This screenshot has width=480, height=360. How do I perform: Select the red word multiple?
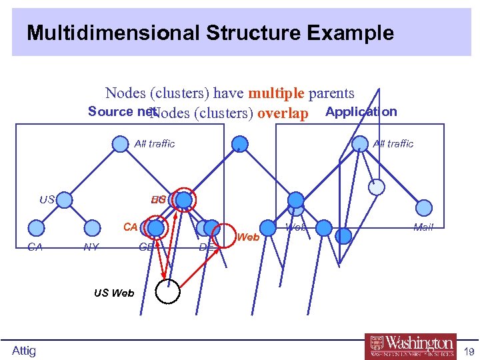[276, 94]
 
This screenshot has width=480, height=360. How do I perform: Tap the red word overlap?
[283, 113]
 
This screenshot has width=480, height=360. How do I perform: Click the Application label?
[361, 111]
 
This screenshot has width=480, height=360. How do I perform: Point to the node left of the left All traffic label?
[119, 144]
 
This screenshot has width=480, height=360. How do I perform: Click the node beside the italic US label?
[65, 199]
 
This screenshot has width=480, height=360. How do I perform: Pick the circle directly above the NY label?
[92, 229]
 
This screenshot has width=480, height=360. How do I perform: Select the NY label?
[91, 247]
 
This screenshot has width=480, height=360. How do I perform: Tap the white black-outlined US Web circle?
[167, 291]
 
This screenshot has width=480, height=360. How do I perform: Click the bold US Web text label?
[114, 293]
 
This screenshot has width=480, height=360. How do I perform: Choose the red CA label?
[130, 227]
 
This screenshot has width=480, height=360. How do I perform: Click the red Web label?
[248, 237]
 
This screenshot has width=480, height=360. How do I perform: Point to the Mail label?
[423, 227]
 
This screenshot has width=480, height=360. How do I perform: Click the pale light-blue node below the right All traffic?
[377, 187]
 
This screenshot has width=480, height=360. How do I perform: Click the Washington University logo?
[410, 346]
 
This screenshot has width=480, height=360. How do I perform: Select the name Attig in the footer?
[24, 351]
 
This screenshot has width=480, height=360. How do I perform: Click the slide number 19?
[469, 351]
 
